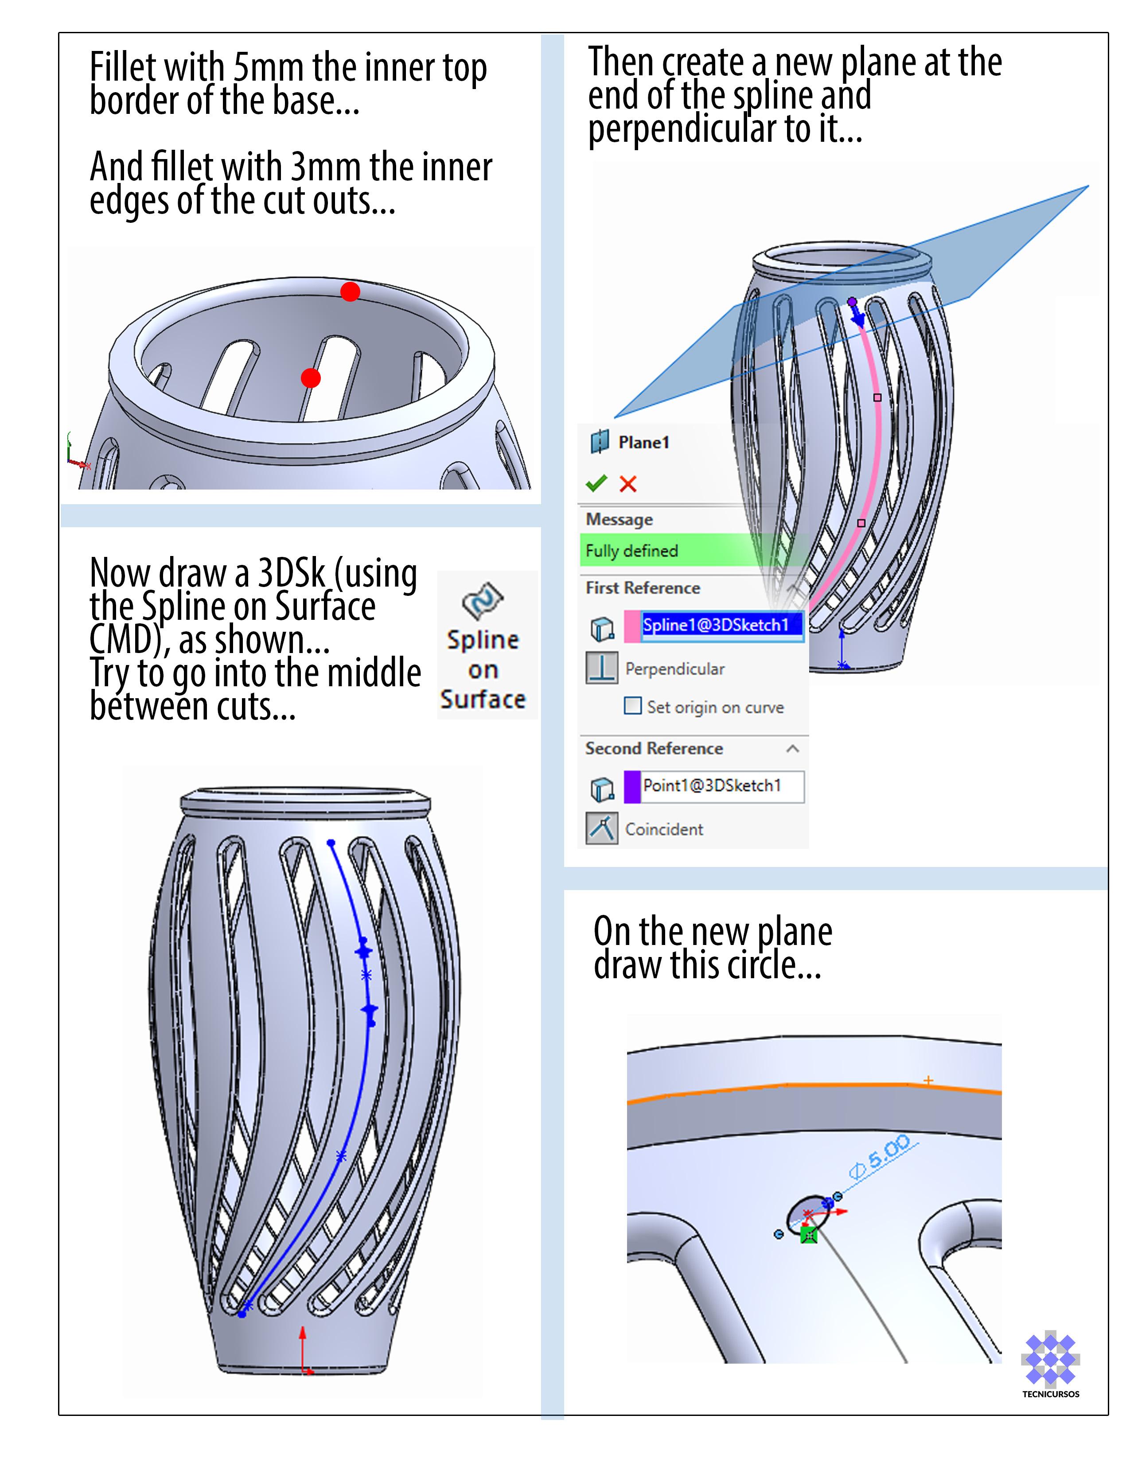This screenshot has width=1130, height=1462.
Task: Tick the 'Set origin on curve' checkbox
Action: [632, 706]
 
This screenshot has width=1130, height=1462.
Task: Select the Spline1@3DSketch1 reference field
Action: [721, 625]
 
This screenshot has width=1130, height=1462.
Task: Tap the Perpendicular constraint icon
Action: [601, 668]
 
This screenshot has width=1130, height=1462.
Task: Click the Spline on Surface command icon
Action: [483, 600]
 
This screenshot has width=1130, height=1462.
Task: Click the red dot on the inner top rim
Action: [350, 292]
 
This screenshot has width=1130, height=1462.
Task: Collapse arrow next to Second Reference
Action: [793, 748]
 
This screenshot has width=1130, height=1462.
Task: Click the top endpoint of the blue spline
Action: [331, 843]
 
